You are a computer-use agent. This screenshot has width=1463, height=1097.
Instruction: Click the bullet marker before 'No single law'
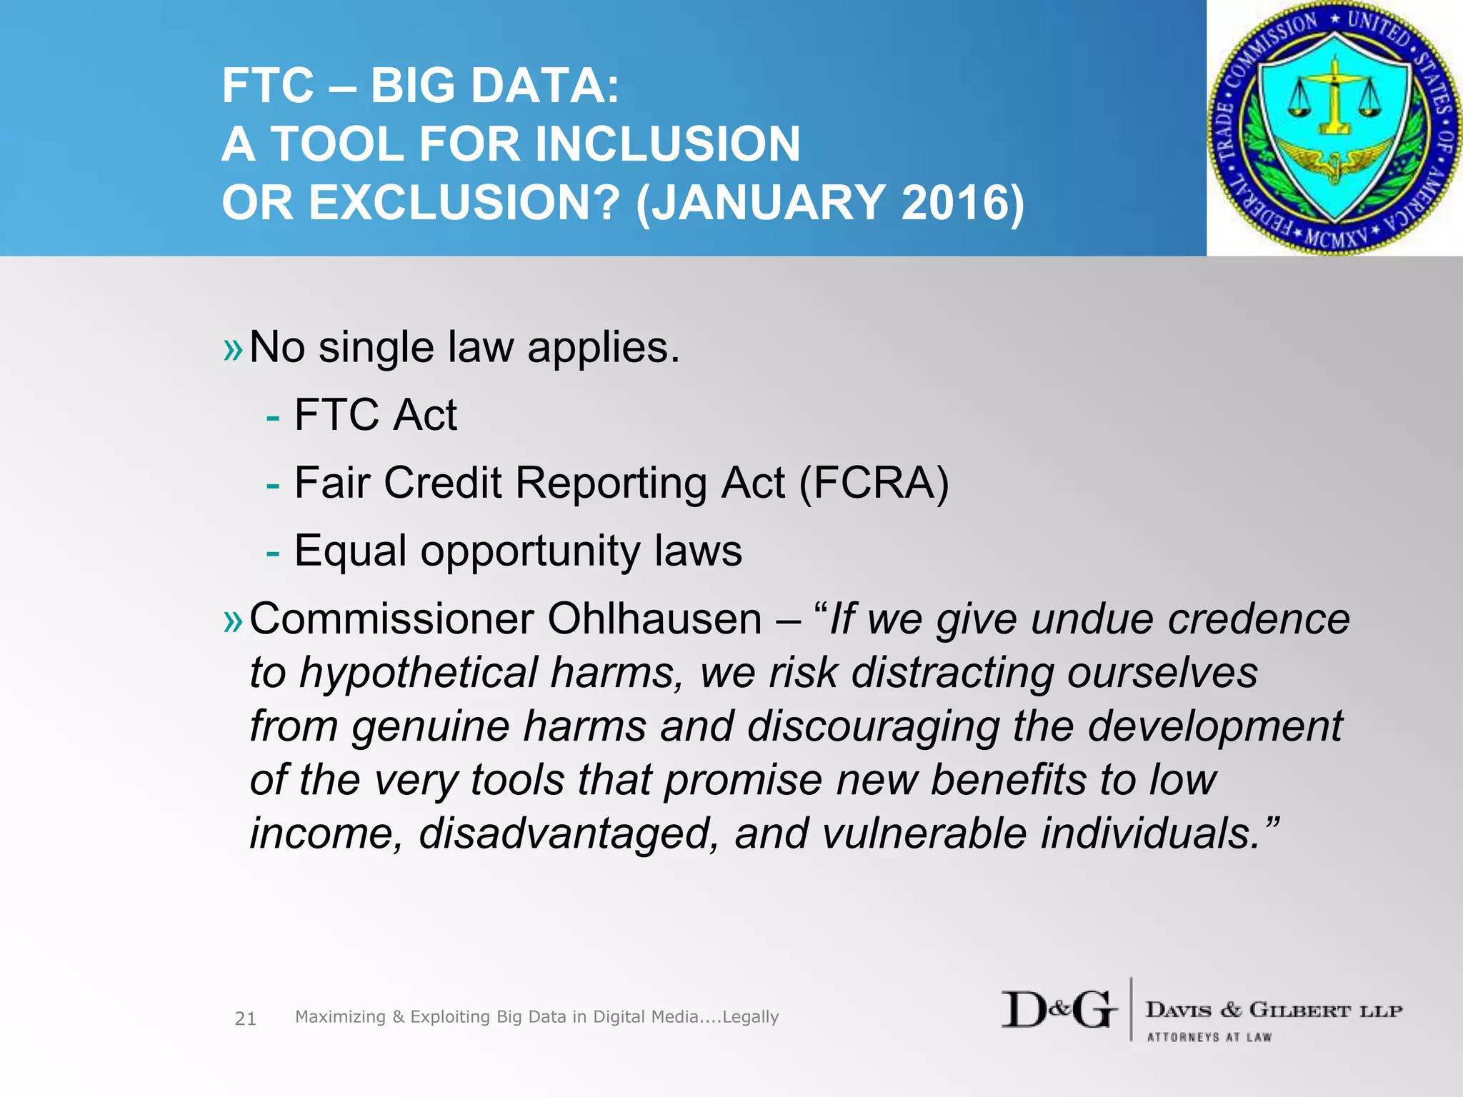click(x=233, y=350)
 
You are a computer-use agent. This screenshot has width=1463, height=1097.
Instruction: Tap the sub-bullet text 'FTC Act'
click(x=375, y=415)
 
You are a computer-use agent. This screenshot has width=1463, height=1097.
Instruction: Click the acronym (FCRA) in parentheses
click(x=874, y=484)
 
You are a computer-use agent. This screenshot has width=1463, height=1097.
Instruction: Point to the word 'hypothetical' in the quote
click(x=418, y=673)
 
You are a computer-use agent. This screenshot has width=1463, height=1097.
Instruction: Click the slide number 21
click(x=245, y=1018)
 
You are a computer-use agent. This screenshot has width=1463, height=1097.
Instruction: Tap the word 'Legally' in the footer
click(x=750, y=1016)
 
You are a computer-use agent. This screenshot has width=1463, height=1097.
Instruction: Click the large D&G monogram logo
click(x=1058, y=1010)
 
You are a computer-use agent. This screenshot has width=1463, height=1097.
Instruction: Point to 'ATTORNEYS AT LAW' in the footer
click(x=1209, y=1037)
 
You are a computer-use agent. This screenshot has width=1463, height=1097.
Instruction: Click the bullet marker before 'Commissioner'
click(x=233, y=621)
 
